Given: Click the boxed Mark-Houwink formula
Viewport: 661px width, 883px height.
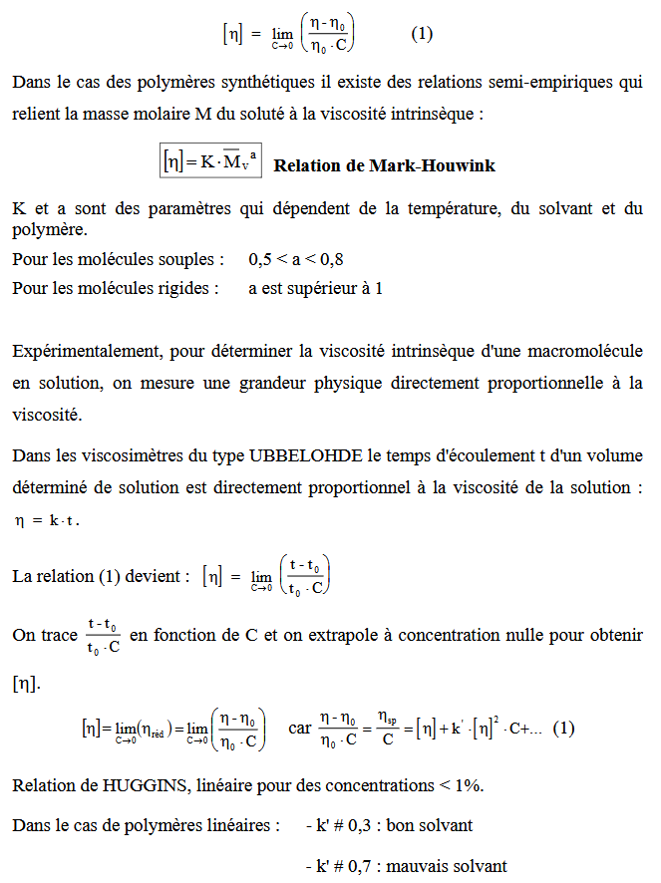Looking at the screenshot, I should [211, 161].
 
